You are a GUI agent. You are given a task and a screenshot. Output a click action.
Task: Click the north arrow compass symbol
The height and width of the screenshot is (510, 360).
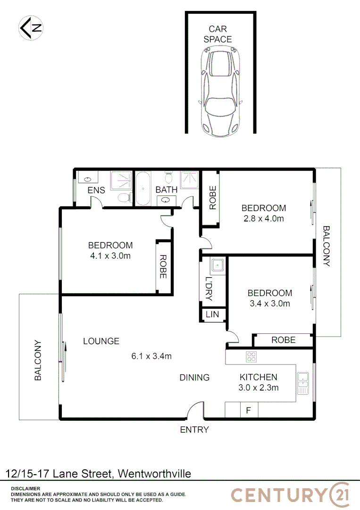pos(31,28)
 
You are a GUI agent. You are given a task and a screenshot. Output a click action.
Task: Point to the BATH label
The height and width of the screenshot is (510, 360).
pos(167,190)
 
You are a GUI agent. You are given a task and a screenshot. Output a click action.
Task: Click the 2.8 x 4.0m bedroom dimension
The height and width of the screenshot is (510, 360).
pos(263,219)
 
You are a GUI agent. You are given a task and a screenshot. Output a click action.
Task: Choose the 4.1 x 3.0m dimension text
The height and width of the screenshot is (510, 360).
pos(110,256)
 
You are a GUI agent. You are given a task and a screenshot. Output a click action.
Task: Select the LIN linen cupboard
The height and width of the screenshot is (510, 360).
pos(212,314)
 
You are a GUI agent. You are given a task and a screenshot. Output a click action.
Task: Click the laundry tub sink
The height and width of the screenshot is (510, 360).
pos(217,266)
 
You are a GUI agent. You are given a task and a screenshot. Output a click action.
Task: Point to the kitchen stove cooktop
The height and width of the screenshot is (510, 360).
pos(251,357)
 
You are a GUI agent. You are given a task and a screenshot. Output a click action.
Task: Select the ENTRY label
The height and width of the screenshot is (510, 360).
pos(194,430)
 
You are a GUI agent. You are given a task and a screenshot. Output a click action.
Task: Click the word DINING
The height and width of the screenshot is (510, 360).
pos(194,377)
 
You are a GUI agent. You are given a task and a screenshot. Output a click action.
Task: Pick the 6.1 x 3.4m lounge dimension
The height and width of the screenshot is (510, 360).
pos(151,356)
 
